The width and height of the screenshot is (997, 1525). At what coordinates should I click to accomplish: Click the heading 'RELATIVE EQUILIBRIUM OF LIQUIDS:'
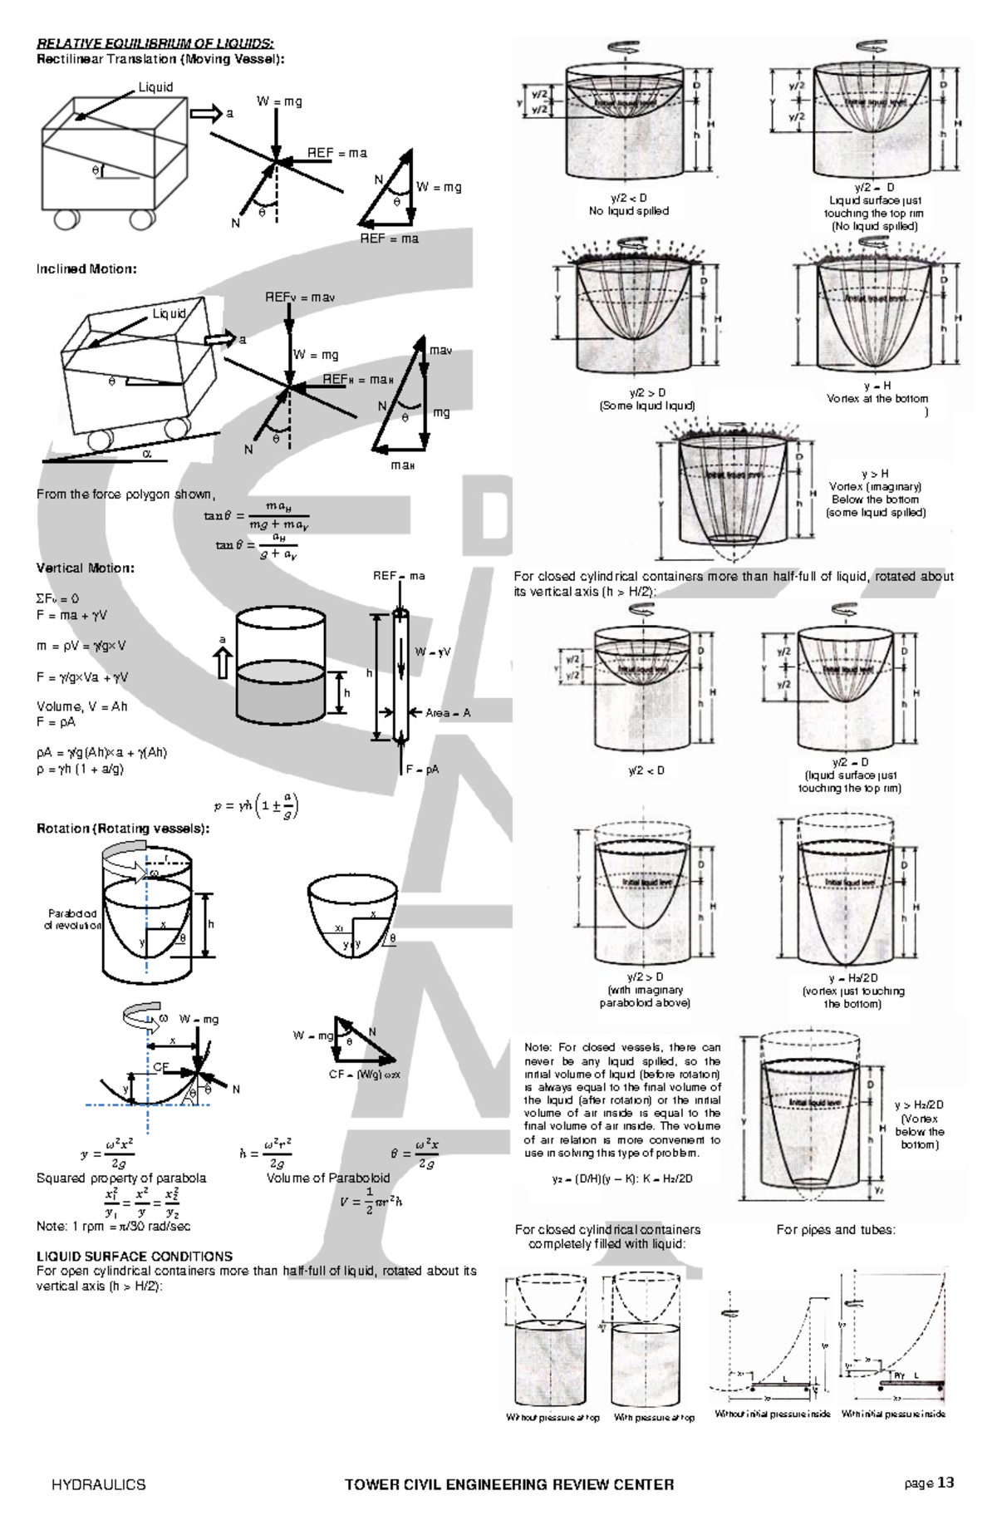(x=155, y=43)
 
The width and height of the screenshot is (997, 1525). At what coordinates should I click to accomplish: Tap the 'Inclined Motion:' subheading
(x=86, y=269)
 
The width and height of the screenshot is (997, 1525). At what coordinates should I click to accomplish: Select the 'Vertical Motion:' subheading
(x=85, y=568)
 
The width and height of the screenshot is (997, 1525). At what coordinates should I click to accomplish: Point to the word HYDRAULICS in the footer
(x=98, y=1484)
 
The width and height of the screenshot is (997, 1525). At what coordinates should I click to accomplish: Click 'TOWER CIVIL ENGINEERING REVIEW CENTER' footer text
(x=508, y=1484)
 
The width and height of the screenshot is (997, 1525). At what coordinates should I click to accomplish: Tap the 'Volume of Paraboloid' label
(x=327, y=1178)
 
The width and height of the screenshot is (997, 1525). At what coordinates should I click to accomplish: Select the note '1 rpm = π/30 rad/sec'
(x=114, y=1226)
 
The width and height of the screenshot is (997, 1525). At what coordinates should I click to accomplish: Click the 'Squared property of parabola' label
(x=121, y=1178)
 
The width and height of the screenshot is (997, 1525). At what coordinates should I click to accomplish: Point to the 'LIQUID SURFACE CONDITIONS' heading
(x=135, y=1256)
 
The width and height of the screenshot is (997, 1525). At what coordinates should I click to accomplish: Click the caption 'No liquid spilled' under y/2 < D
(x=628, y=211)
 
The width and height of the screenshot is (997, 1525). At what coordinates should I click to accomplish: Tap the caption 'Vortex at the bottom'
(x=877, y=399)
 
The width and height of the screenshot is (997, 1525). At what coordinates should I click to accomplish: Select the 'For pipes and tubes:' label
(x=836, y=1229)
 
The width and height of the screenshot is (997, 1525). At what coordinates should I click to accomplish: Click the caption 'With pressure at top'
(x=654, y=1418)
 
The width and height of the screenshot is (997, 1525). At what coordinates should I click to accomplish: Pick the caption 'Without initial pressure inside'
(x=773, y=1414)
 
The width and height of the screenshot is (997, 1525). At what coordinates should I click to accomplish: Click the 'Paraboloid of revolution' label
(x=73, y=919)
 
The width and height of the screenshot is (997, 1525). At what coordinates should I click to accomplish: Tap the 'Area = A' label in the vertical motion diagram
(x=448, y=713)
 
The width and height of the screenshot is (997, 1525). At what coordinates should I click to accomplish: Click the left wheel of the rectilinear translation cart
(x=66, y=219)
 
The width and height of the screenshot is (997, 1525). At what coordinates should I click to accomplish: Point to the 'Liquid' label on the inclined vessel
(x=169, y=313)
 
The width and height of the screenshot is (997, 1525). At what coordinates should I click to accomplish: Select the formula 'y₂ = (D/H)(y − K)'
(x=622, y=1178)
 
